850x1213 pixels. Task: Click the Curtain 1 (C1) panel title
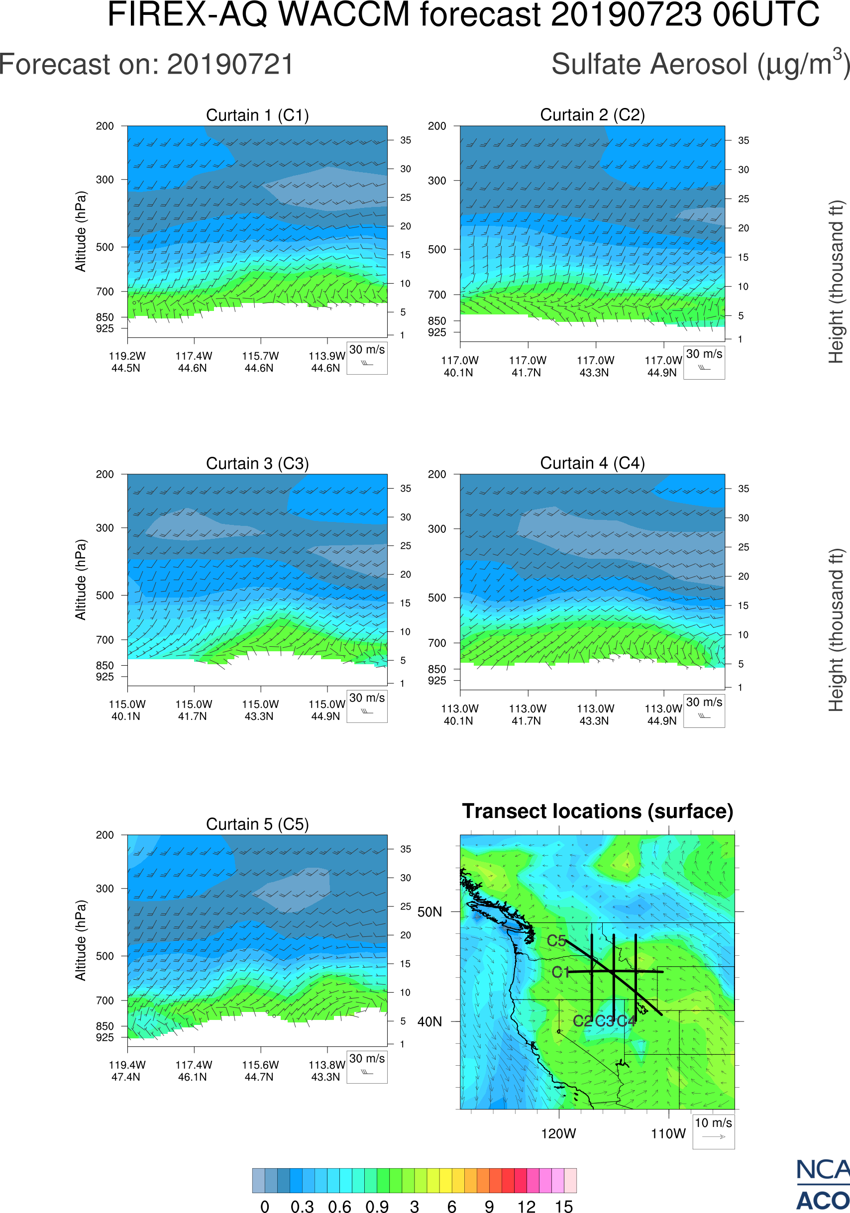(x=257, y=115)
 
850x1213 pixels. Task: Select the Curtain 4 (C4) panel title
(x=592, y=463)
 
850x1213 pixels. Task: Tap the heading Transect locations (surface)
(x=598, y=811)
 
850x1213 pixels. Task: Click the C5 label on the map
(x=556, y=941)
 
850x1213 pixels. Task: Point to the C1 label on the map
(x=560, y=972)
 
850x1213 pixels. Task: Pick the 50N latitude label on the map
(x=429, y=912)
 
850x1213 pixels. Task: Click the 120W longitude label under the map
(x=558, y=1134)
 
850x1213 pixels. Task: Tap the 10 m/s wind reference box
(x=713, y=1130)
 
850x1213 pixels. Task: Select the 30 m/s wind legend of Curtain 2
(x=704, y=362)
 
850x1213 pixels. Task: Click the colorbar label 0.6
(x=339, y=1206)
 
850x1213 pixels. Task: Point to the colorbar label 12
(x=526, y=1206)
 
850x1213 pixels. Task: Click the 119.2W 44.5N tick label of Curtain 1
(x=127, y=362)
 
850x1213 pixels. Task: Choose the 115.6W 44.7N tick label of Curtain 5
(x=260, y=1071)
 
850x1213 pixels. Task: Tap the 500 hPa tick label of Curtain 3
(x=105, y=596)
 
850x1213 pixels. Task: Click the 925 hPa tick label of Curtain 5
(x=105, y=1037)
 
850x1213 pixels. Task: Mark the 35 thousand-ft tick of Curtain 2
(x=744, y=140)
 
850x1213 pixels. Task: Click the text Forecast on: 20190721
(x=146, y=65)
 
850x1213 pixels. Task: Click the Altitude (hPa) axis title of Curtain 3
(x=80, y=580)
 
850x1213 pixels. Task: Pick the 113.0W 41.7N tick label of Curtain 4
(x=527, y=715)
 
